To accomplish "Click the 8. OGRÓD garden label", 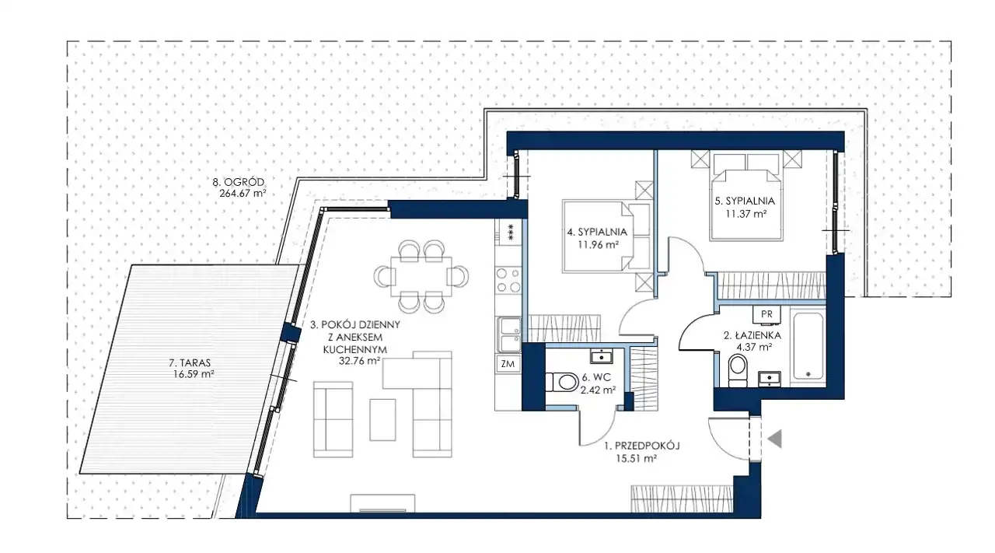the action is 238,182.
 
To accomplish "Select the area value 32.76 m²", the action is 359,361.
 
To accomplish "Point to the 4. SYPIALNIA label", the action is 597,232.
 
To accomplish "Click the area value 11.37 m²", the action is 746,214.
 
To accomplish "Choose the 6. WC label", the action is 596,377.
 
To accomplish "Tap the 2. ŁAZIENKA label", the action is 752,336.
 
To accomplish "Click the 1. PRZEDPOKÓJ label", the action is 642,446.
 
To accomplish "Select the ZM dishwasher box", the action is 508,364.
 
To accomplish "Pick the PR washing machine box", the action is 766,314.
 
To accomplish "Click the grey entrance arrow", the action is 775,439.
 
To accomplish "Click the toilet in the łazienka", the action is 738,370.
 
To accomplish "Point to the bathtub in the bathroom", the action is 808,347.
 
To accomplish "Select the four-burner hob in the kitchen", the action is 508,280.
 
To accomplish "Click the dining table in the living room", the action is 421,277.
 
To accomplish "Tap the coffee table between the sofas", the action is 382,420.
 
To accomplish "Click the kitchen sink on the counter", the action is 508,334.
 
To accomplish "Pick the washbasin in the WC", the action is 602,356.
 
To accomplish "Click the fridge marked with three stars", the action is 508,232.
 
